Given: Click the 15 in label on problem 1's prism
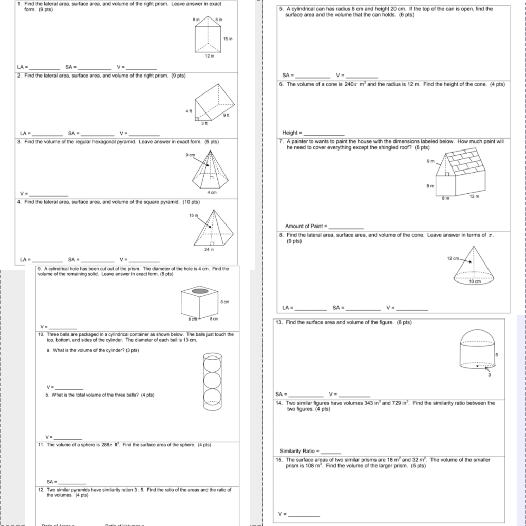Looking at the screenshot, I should pyautogui.click(x=229, y=39).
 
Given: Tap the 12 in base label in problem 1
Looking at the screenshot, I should pyautogui.click(x=209, y=56).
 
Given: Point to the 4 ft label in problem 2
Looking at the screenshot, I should pyautogui.click(x=189, y=111).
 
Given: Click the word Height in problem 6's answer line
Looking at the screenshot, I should pyautogui.click(x=290, y=133).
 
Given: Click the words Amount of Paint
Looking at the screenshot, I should pyautogui.click(x=304, y=226).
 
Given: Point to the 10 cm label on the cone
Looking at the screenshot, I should pyautogui.click(x=475, y=282).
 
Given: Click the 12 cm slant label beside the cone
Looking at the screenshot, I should pyautogui.click(x=453, y=258).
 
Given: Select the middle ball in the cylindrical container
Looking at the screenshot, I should pyautogui.click(x=212, y=380).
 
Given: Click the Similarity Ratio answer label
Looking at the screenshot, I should pyautogui.click(x=299, y=451).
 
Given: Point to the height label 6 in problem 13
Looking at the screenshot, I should pyautogui.click(x=497, y=355).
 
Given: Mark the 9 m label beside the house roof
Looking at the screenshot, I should pyautogui.click(x=430, y=161).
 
